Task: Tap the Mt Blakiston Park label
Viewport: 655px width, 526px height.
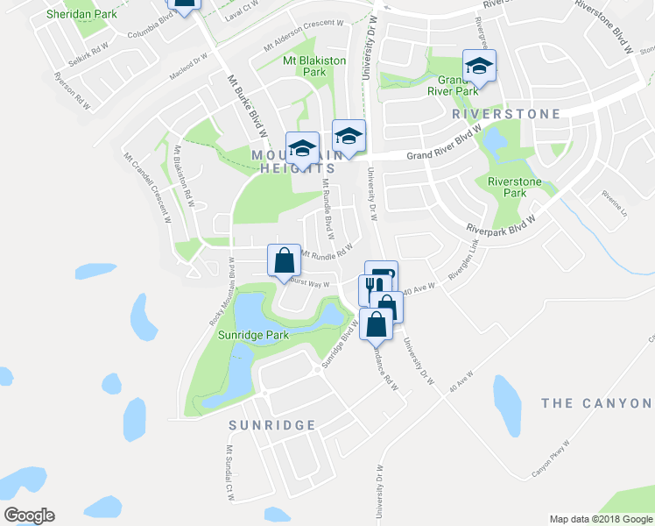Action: click(314, 67)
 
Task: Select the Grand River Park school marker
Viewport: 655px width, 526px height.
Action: click(479, 66)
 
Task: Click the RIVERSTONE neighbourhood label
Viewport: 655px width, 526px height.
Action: click(493, 114)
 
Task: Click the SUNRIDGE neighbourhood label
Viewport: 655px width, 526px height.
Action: click(271, 425)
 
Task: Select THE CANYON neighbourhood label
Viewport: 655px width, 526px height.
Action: click(597, 403)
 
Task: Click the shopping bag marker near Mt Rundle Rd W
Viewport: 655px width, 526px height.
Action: click(284, 260)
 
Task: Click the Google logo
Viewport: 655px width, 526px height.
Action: click(29, 515)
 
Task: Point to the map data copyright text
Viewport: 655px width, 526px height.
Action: click(600, 519)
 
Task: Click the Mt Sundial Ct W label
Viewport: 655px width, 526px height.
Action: click(229, 473)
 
